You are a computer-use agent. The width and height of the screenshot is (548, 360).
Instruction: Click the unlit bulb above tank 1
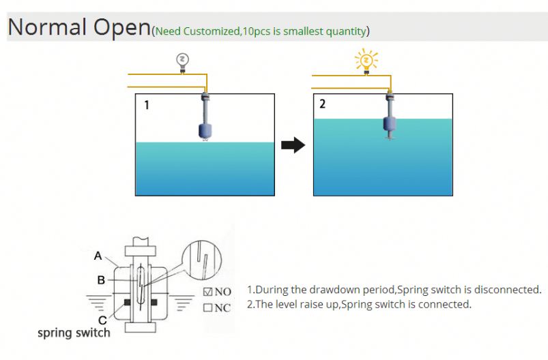182,61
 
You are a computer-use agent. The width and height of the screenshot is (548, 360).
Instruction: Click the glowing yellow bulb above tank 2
366,62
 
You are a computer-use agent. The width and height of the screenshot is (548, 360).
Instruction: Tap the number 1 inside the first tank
146,106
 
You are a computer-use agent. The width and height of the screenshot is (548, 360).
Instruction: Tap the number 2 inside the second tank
323,104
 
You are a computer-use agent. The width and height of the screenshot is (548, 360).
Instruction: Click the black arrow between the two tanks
293,145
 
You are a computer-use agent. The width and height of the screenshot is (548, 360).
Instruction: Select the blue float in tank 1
205,130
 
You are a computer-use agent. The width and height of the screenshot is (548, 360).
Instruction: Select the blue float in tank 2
390,123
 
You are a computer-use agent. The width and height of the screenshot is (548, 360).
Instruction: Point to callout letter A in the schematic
98,256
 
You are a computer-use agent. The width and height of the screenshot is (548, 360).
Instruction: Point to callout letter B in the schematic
101,280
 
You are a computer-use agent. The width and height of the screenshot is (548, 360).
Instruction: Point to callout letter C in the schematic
102,319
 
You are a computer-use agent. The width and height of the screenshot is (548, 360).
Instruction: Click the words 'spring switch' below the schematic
73,333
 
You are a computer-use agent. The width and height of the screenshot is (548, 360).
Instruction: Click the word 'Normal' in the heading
48,27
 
